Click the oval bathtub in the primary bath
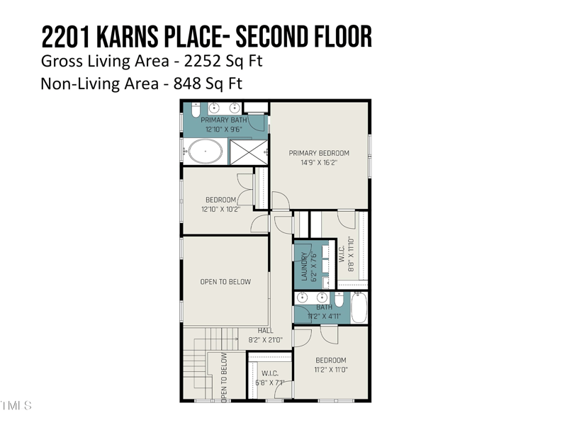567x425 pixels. (206, 152)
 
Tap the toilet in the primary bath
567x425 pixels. (196, 110)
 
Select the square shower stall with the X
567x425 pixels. (249, 152)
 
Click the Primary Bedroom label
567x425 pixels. (319, 153)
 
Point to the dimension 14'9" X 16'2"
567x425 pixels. (319, 163)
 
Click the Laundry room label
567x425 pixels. (304, 266)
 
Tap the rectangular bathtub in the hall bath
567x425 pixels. (359, 307)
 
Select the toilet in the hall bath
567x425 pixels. (339, 299)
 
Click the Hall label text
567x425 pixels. (265, 331)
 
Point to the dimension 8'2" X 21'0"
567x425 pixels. (265, 340)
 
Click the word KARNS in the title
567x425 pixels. (128, 37)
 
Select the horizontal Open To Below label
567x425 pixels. (225, 282)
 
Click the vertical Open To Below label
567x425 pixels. (224, 378)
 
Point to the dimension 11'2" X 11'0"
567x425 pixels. (331, 370)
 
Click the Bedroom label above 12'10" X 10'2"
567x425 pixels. (220, 200)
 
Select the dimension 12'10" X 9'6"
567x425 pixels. (223, 130)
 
